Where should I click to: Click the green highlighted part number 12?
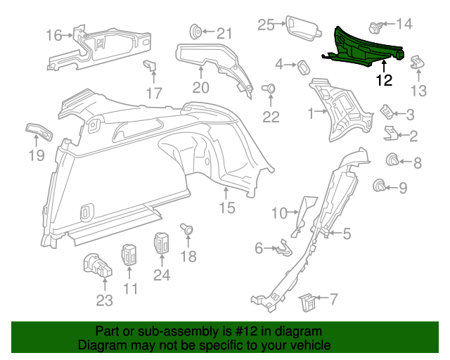click(x=366, y=46)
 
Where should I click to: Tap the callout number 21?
click(x=224, y=33)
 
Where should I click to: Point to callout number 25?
click(x=265, y=25)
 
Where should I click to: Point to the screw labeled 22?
click(x=269, y=89)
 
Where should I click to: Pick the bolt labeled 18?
click(x=188, y=229)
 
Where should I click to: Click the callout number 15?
click(x=226, y=207)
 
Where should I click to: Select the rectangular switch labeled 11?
click(x=130, y=254)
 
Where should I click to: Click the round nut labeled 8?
click(x=392, y=161)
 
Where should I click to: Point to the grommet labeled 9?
click(x=379, y=186)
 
